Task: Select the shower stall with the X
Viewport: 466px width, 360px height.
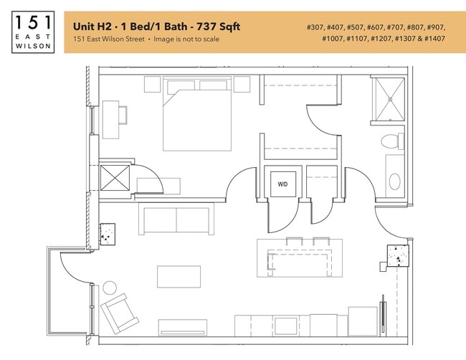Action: coord(389,99)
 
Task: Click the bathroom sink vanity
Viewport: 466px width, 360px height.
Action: coord(394,174)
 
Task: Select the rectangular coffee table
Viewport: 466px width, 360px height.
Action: coord(179,277)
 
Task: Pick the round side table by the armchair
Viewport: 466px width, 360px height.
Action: coord(110,288)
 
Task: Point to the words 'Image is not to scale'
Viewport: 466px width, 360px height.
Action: coord(184,39)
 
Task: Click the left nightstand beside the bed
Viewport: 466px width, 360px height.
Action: coord(153,85)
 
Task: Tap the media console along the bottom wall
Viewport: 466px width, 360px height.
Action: coord(182,328)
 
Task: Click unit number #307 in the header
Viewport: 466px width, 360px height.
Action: coord(316,27)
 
